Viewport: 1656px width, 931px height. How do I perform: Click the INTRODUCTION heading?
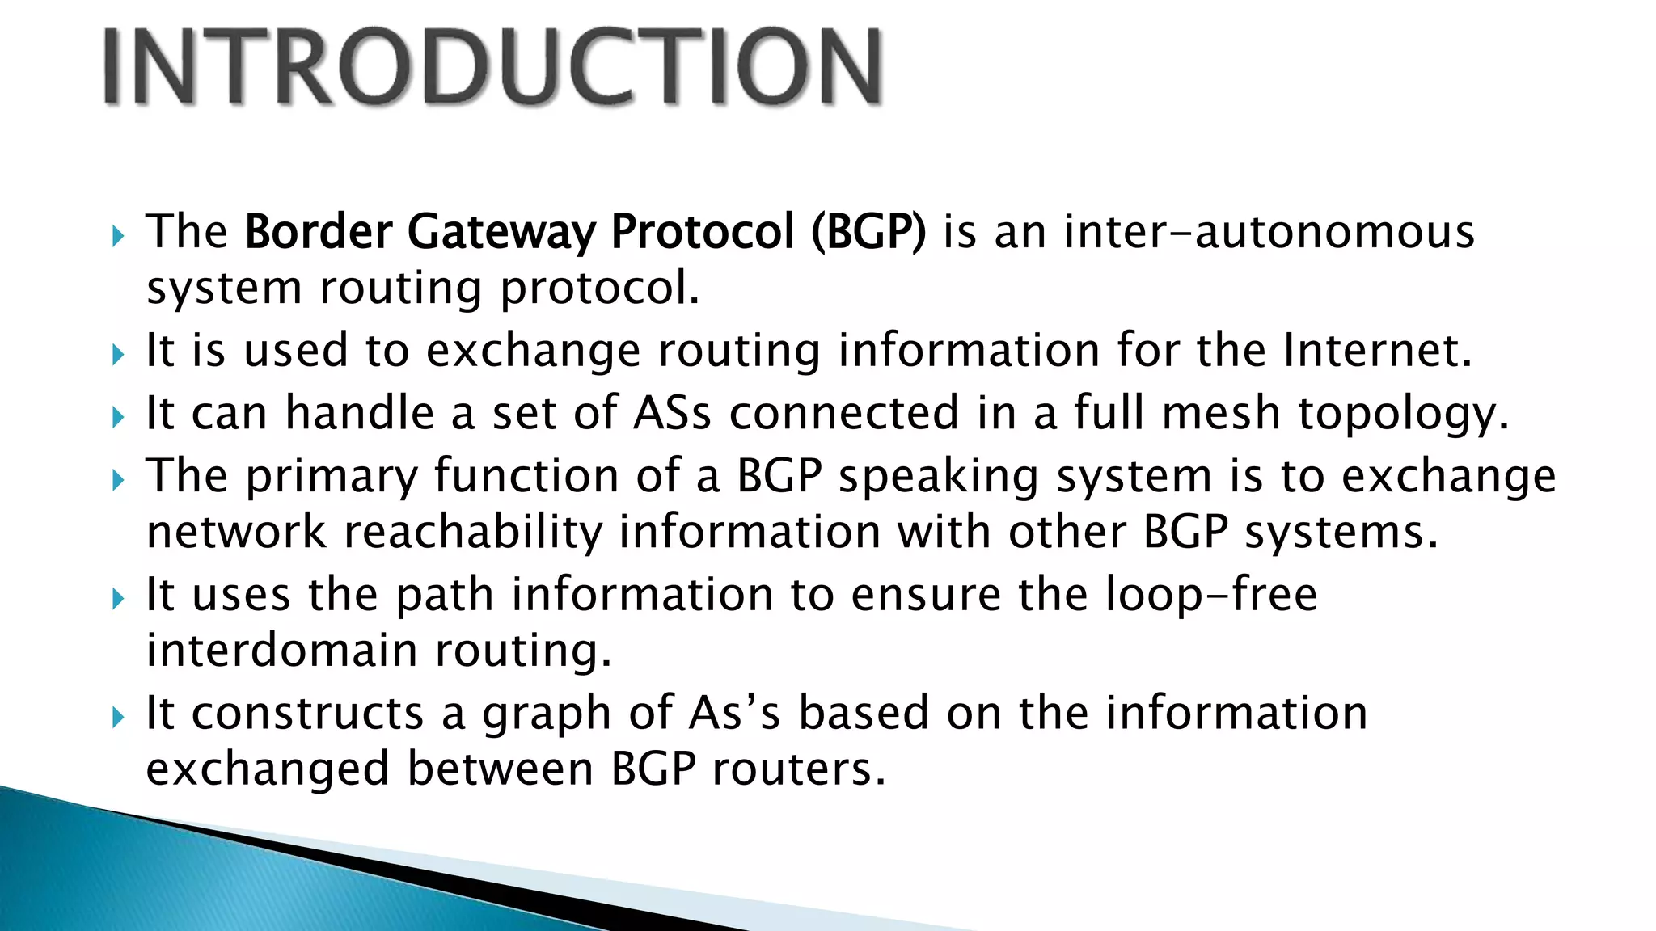click(493, 66)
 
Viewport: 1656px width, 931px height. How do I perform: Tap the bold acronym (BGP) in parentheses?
click(868, 233)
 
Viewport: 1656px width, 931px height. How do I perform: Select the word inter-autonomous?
click(1269, 233)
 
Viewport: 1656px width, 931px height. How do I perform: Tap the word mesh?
click(1221, 413)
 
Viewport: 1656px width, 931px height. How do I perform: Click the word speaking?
click(938, 477)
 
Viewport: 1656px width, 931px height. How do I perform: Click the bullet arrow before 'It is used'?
click(118, 354)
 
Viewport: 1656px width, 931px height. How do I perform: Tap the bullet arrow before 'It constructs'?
click(118, 716)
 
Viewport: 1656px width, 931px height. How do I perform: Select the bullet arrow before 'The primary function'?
click(118, 480)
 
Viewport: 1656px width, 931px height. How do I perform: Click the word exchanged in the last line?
click(268, 770)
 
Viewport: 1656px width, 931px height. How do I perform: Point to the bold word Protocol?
click(703, 233)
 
